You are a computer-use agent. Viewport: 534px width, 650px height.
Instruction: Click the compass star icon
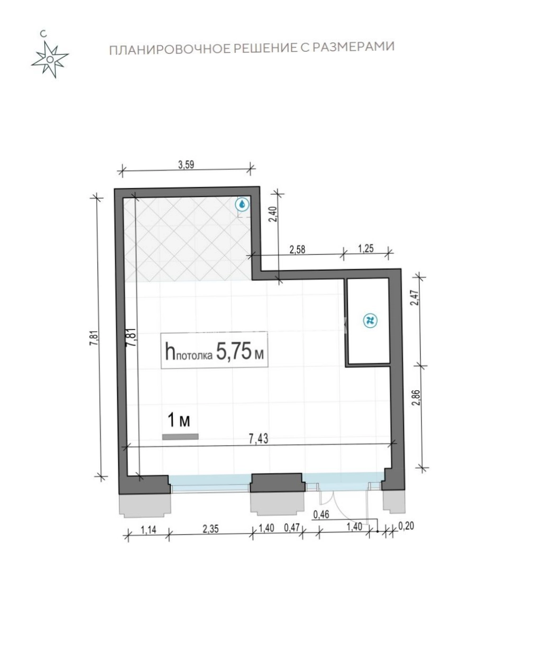coord(50,59)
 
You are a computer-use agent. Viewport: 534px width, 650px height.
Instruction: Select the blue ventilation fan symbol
coord(370,321)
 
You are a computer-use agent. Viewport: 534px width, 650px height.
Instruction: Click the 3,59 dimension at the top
coord(186,165)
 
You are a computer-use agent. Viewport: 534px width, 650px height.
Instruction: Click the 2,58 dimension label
coord(297,249)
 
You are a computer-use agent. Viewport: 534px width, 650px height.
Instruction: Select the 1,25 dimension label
coord(366,248)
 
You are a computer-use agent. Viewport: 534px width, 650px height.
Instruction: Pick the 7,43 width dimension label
coord(259,439)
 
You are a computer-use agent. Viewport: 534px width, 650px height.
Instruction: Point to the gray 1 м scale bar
coord(180,436)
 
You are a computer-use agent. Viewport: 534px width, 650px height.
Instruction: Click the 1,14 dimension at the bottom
coord(149,529)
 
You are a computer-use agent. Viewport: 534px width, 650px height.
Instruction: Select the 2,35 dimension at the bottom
coord(211,529)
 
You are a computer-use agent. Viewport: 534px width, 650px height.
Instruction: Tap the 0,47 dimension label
coord(291,528)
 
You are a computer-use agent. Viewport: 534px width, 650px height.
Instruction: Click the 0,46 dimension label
coord(321,515)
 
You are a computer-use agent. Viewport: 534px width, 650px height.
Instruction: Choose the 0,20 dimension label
coord(406,526)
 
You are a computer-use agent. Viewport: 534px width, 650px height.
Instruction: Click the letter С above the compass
coord(43,34)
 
